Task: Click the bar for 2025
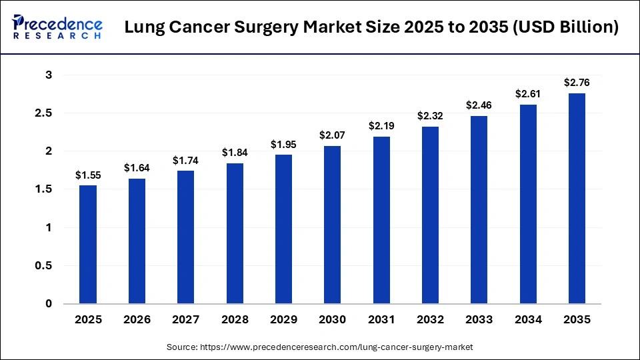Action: (x=88, y=244)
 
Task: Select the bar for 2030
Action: (x=333, y=225)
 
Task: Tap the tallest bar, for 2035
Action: (x=577, y=198)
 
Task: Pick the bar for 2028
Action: (x=235, y=233)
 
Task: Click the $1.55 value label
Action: (x=88, y=175)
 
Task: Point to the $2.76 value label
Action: (x=577, y=83)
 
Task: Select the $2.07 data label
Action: (x=333, y=135)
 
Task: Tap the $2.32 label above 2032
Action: (x=431, y=116)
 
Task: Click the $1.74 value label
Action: (x=186, y=160)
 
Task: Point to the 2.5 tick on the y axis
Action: (x=43, y=113)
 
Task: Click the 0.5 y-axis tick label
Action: (x=43, y=266)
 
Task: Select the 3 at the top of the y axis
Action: (x=49, y=75)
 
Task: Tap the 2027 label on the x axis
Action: (x=186, y=320)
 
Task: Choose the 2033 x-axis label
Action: (x=479, y=320)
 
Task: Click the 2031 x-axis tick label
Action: (x=381, y=320)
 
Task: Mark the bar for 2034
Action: (x=528, y=204)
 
